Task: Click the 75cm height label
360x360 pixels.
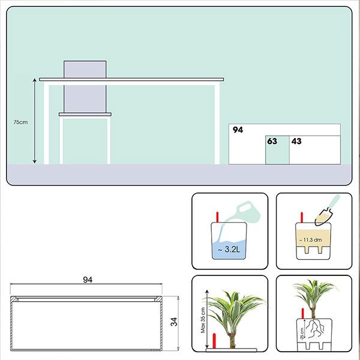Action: point(20,122)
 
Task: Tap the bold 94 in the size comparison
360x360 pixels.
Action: point(238,130)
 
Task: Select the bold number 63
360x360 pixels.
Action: point(272,141)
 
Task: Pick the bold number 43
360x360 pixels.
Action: point(296,141)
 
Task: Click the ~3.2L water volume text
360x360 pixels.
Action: point(229,250)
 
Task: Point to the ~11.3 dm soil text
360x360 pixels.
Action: point(310,240)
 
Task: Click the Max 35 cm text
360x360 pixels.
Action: point(203,320)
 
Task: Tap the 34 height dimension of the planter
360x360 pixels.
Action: point(174,322)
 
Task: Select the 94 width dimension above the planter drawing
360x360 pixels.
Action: point(88,280)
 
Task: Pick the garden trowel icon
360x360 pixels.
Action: point(327,210)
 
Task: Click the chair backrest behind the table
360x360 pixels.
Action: point(85,86)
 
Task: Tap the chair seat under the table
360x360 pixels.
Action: point(85,115)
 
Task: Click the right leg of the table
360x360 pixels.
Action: point(217,124)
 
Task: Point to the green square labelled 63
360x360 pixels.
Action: point(277,150)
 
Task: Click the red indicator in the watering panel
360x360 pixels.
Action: point(217,217)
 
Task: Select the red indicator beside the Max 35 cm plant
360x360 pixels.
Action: point(214,341)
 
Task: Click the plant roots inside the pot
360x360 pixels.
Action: point(316,329)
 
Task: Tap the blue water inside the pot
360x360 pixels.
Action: point(229,250)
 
